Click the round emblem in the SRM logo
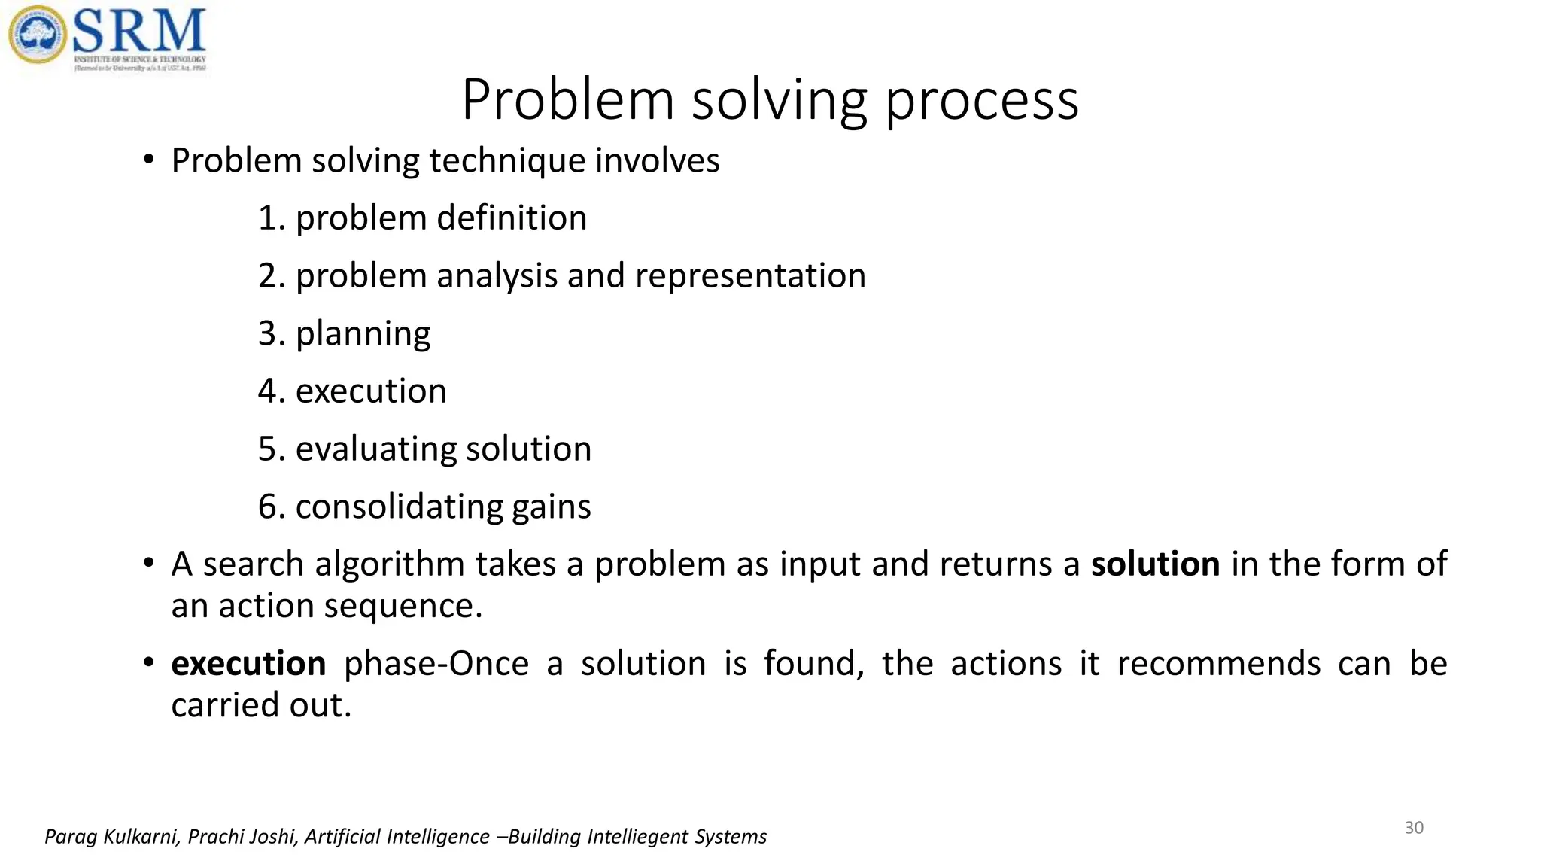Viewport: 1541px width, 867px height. pyautogui.click(x=37, y=35)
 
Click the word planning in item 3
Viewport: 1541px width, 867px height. pyautogui.click(x=363, y=333)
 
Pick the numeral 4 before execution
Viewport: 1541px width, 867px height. pyautogui.click(x=268, y=391)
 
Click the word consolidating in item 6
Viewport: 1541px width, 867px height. pyautogui.click(x=398, y=507)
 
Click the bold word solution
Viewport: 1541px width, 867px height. pyautogui.click(x=1155, y=564)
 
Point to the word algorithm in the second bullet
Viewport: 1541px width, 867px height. pyautogui.click(x=389, y=565)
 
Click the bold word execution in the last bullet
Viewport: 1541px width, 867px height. pyautogui.click(x=248, y=664)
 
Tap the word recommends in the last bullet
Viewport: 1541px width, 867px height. pyautogui.click(x=1218, y=664)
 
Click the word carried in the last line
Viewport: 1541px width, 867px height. pyautogui.click(x=219, y=705)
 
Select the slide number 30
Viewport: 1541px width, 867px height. pyautogui.click(x=1414, y=828)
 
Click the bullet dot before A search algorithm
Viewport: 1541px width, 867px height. pyautogui.click(x=149, y=564)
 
